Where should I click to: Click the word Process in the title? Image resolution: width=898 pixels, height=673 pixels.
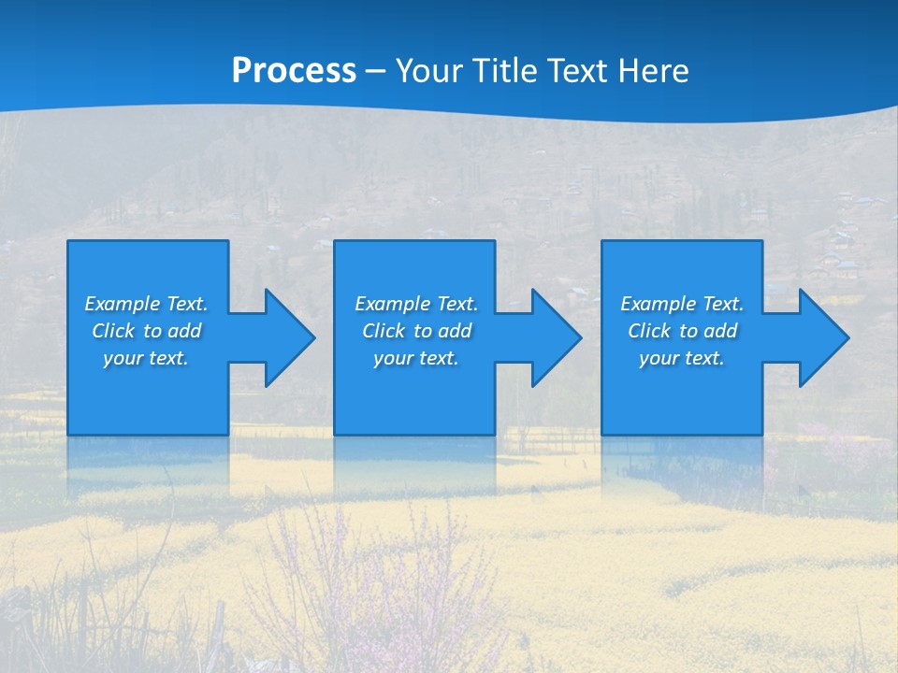point(294,71)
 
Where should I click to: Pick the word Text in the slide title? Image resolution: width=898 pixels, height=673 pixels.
point(579,71)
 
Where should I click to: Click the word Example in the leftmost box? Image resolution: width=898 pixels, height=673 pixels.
point(123,304)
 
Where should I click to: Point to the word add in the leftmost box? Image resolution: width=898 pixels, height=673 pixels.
point(185,331)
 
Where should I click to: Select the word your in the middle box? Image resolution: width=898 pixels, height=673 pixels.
point(394,358)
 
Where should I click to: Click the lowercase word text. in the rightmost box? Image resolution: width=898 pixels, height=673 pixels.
point(704,358)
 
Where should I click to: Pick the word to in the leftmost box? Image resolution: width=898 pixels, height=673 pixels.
point(153,331)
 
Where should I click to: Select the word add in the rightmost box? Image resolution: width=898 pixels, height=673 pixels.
point(721,331)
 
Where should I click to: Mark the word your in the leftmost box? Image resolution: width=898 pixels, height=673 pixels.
point(123,358)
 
